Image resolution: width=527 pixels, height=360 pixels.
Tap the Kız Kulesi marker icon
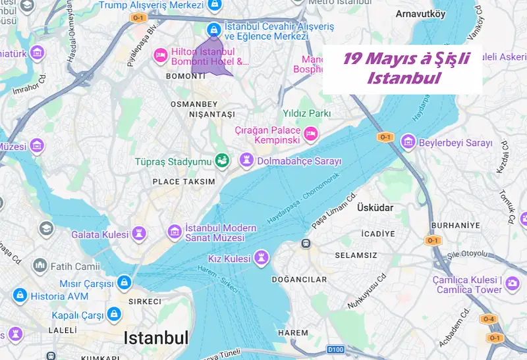coord(263,257)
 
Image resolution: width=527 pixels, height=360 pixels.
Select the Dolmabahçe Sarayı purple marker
coord(246,160)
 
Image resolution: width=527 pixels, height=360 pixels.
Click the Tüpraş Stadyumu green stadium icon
coord(223,160)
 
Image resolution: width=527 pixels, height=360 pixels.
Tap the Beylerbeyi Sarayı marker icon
coord(408,142)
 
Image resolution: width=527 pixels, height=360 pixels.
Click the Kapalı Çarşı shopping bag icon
coord(114,314)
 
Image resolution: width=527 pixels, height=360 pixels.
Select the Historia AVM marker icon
coord(19,294)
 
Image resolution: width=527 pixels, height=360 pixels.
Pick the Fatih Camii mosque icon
coord(41,265)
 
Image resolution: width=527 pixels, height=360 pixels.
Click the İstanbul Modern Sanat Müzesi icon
coord(175,231)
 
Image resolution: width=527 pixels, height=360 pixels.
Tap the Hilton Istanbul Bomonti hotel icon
coord(160,56)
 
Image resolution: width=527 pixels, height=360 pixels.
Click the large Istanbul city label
coord(156,338)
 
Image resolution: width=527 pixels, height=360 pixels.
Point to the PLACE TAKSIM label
coord(184,181)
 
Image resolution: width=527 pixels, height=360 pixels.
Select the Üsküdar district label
coord(375,207)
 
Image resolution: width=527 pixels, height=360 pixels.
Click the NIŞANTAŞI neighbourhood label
coord(194,115)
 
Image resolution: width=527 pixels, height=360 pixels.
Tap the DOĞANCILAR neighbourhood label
coord(299,280)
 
